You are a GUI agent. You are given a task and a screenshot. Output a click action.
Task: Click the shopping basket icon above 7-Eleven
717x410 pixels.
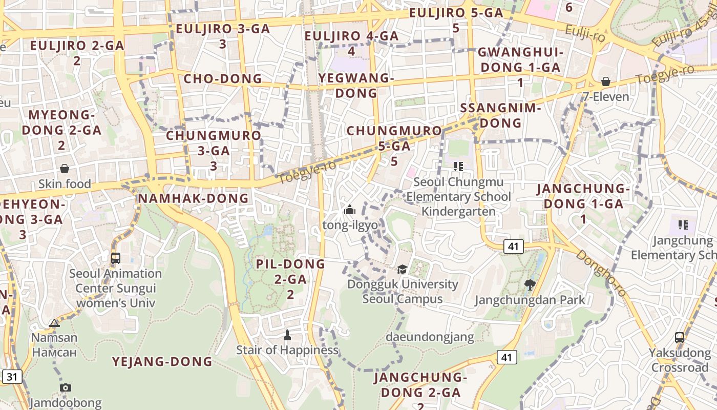click(x=606, y=81)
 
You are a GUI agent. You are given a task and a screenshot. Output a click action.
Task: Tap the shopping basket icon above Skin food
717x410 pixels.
click(x=65, y=169)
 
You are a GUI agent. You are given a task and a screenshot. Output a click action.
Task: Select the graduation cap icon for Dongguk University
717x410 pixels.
click(x=403, y=269)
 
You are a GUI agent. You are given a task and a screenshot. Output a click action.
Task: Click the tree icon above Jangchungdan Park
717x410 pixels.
click(x=530, y=284)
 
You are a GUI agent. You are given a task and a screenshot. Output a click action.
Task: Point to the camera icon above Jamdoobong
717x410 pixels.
click(x=65, y=387)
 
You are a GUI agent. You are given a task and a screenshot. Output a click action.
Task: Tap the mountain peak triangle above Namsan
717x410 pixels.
click(x=54, y=323)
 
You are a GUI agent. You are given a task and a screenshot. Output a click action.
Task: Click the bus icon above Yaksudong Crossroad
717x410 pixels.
click(x=679, y=337)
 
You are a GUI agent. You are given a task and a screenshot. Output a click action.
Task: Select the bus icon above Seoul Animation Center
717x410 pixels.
click(x=115, y=258)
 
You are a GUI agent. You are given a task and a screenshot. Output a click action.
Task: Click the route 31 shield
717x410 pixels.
click(x=12, y=377)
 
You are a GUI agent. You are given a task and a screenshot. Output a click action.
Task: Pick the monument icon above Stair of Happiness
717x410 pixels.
click(x=287, y=335)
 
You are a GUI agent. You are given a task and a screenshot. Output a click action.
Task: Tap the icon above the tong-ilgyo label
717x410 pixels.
click(x=350, y=210)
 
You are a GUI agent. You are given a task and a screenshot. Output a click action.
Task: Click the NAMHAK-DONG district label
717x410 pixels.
click(x=193, y=198)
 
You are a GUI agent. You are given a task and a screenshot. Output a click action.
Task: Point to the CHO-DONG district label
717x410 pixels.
click(x=222, y=79)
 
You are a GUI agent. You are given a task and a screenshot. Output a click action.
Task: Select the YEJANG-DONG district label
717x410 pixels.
click(x=162, y=361)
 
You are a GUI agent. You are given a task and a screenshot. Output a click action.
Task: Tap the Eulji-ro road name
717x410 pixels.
click(x=585, y=34)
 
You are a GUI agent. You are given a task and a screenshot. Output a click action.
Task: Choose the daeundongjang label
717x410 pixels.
click(x=430, y=337)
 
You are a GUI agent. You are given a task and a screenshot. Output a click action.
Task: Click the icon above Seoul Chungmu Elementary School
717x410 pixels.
click(x=458, y=167)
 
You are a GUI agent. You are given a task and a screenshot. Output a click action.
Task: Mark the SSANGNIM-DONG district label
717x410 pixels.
click(x=500, y=115)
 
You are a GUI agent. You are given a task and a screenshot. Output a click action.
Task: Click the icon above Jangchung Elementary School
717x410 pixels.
click(x=682, y=224)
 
